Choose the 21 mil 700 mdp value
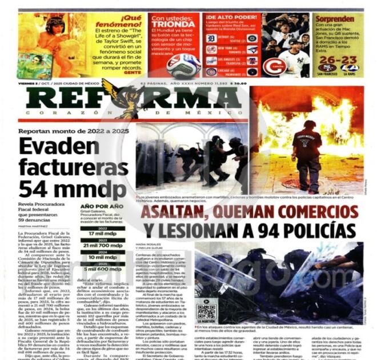point(103,245)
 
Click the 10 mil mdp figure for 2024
point(103,257)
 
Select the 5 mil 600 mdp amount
point(103,269)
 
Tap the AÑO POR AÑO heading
point(102,206)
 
